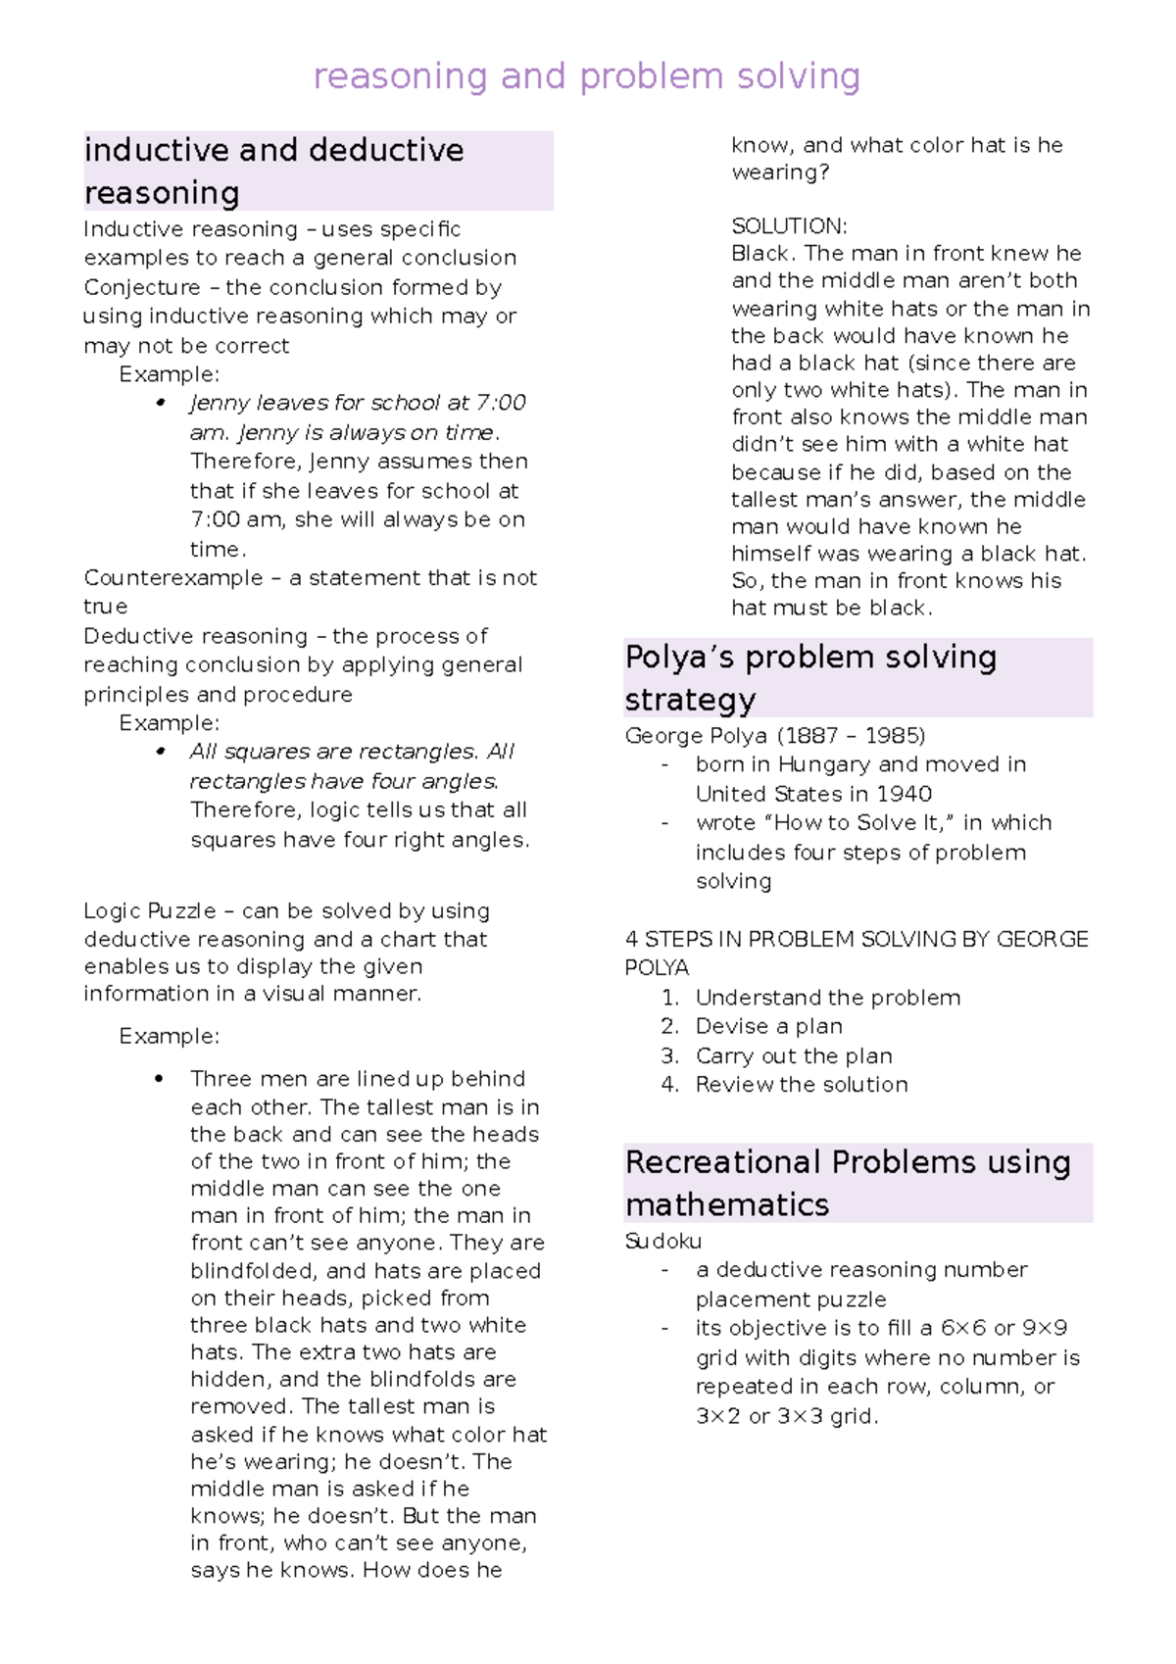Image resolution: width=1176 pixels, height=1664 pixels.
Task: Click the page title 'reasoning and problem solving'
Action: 586,76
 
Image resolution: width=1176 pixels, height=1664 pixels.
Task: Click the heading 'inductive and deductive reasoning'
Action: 274,171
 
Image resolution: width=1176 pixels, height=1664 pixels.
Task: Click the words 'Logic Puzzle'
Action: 149,910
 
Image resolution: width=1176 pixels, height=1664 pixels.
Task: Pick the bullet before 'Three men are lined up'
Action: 159,1079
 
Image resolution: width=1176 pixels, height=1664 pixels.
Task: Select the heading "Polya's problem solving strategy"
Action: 810,677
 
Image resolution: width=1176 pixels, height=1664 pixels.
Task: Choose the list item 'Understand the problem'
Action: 827,998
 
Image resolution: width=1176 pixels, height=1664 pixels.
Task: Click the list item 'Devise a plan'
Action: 768,1026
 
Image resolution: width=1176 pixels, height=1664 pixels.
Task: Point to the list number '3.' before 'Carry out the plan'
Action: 669,1055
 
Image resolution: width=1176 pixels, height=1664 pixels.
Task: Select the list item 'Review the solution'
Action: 801,1085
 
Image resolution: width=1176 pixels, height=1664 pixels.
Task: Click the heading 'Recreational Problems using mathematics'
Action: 848,1182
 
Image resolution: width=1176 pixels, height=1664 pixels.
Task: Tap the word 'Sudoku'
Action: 662,1242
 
